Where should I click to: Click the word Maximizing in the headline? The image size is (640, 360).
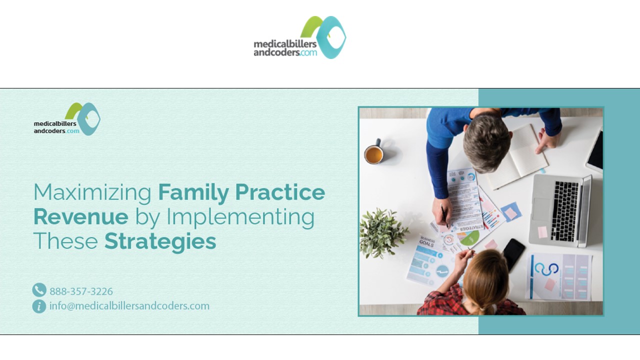[92, 192]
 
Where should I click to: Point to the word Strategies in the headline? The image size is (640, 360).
[160, 241]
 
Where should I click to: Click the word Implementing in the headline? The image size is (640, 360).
[240, 217]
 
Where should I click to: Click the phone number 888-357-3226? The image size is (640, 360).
[81, 291]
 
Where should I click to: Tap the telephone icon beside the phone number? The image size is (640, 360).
[39, 290]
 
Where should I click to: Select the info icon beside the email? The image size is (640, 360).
[39, 306]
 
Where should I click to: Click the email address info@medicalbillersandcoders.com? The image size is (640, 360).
[129, 306]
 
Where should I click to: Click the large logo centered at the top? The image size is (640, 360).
[300, 37]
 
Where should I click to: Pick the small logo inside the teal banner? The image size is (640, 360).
[67, 119]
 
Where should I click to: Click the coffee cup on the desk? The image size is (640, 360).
[373, 154]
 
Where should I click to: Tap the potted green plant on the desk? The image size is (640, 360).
[382, 232]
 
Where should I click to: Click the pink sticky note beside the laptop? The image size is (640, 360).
[542, 232]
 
